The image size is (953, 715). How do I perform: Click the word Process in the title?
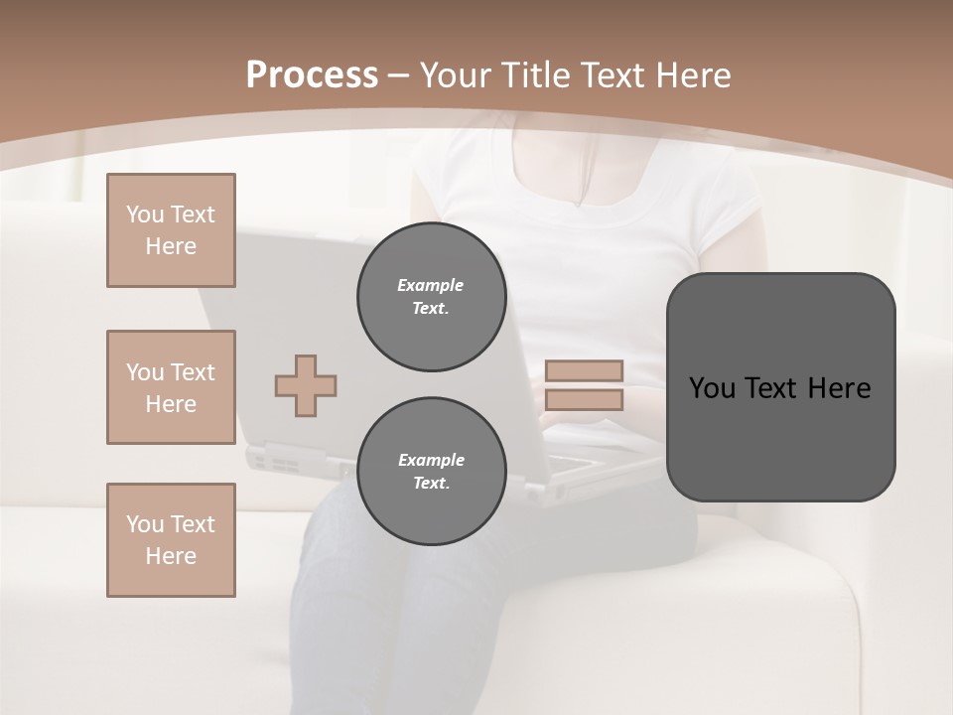312,75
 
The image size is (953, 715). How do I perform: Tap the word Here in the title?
691,75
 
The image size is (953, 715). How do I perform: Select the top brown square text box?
171,230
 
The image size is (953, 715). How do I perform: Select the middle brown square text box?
171,387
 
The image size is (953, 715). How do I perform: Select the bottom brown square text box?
171,540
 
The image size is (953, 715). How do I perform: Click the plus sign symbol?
306,385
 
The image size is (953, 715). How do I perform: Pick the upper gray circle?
431,297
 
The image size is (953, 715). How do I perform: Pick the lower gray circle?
431,472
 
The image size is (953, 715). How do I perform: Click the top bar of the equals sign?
584,370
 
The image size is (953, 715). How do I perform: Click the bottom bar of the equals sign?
584,399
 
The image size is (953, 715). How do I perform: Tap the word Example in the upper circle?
431,285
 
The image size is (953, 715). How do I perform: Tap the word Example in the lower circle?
431,460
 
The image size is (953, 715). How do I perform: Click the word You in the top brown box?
144,214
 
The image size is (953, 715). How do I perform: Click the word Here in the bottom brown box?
171,556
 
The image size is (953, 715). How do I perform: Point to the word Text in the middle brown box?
193,372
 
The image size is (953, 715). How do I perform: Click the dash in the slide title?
399,75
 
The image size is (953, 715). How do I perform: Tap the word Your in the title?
458,75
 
